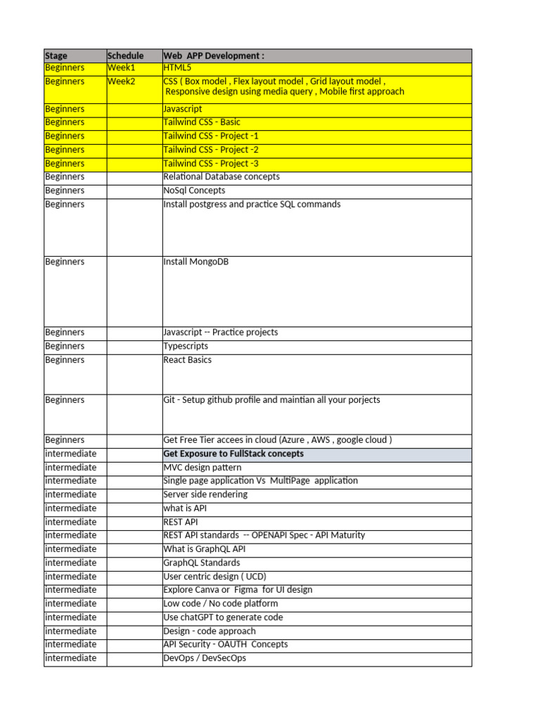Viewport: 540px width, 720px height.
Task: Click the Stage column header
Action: pos(56,56)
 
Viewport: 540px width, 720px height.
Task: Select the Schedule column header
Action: pos(125,56)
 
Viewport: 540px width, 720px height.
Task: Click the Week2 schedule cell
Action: pos(121,82)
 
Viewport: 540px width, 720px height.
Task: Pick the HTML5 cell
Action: pos(177,68)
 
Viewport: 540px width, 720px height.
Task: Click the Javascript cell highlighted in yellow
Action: pos(183,109)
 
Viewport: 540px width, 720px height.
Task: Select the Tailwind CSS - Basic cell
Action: pos(202,122)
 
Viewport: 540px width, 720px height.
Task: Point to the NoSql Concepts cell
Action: pos(194,191)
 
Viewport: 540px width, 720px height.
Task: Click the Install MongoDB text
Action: pos(195,262)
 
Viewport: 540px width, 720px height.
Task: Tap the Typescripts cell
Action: pos(186,346)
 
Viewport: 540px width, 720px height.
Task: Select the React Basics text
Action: pos(187,360)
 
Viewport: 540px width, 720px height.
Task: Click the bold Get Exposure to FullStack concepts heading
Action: pos(233,454)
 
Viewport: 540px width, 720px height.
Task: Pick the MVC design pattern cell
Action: pos(202,468)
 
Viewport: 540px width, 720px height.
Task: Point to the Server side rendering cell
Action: pos(205,494)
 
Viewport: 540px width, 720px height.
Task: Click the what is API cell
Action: pos(185,508)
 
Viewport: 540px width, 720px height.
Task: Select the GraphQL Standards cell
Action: pos(201,562)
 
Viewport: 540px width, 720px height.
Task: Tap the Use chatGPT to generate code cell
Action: pos(223,617)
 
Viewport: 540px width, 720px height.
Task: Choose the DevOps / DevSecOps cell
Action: pos(205,658)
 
